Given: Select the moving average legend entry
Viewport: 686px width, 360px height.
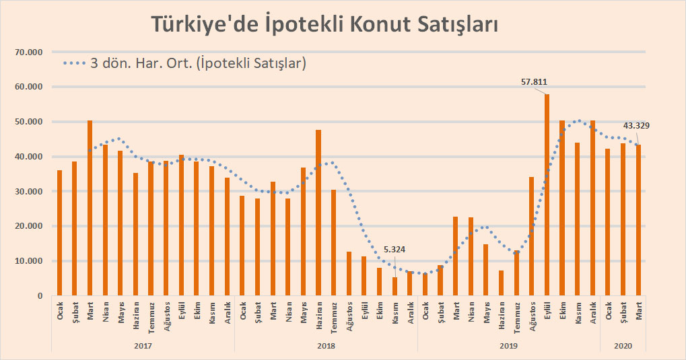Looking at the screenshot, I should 185,64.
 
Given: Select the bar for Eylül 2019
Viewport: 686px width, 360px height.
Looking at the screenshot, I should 547,194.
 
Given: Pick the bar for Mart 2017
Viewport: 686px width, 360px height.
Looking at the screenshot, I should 90,208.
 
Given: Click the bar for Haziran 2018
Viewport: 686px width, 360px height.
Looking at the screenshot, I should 318,213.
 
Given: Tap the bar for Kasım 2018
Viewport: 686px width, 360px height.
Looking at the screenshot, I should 395,286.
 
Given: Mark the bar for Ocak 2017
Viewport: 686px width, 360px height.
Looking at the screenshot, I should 59,233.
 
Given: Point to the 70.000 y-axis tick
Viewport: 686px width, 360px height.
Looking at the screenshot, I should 28,52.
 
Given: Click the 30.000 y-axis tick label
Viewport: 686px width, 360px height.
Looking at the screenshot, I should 28,192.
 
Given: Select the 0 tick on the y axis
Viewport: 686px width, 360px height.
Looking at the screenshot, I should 40,296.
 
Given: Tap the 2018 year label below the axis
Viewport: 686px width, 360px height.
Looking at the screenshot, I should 326,345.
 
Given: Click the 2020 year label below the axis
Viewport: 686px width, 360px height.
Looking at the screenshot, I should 623,345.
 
